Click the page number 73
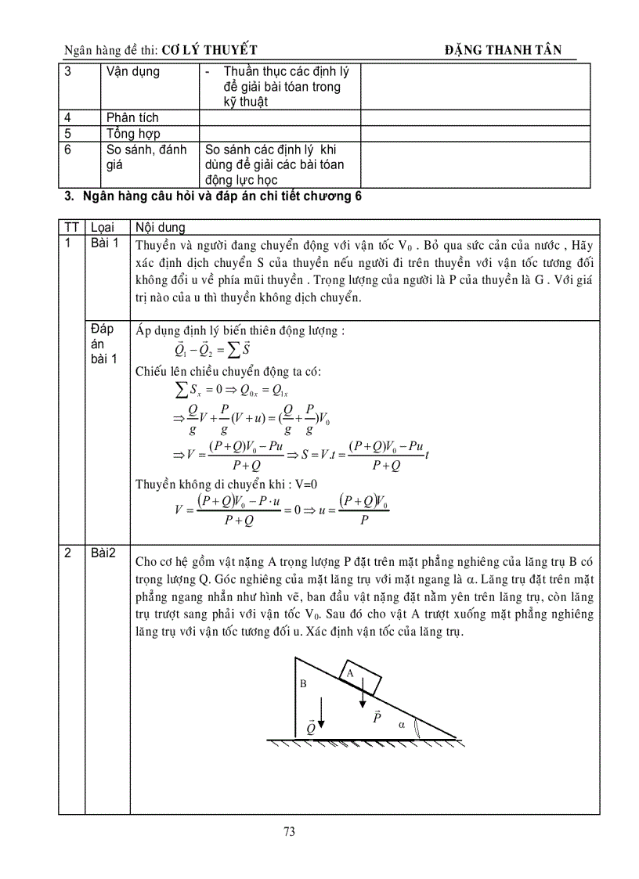click(x=289, y=832)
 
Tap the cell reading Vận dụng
click(x=132, y=72)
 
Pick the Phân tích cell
click(x=132, y=117)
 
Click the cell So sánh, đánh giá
click(x=146, y=157)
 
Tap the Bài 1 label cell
click(x=104, y=243)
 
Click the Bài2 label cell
click(x=103, y=553)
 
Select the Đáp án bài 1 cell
click(x=103, y=344)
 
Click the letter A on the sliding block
click(x=350, y=672)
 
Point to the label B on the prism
click(x=304, y=683)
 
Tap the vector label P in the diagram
click(x=376, y=716)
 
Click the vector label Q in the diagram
click(x=311, y=727)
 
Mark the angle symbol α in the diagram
click(x=401, y=724)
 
